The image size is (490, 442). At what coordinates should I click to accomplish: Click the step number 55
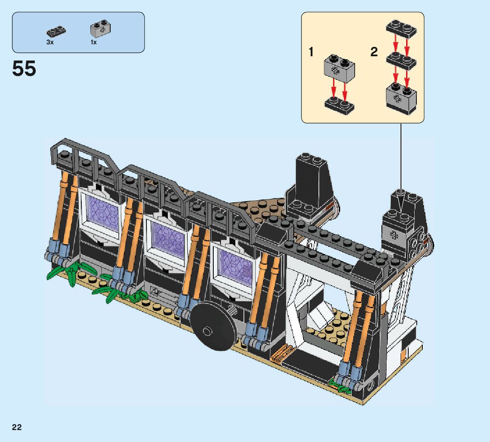pyautogui.click(x=24, y=69)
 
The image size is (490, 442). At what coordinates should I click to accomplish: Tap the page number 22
pyautogui.click(x=17, y=428)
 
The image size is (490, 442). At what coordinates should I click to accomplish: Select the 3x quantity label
pyautogui.click(x=50, y=42)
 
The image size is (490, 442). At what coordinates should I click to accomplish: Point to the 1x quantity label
pyautogui.click(x=93, y=42)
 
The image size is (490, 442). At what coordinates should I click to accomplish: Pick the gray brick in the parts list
pyautogui.click(x=101, y=29)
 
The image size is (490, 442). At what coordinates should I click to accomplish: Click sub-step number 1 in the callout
pyautogui.click(x=311, y=52)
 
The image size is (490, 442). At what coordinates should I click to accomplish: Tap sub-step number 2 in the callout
pyautogui.click(x=374, y=52)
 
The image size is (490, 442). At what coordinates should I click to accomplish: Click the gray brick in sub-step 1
pyautogui.click(x=339, y=66)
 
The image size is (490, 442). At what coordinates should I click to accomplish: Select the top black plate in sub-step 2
pyautogui.click(x=401, y=28)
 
